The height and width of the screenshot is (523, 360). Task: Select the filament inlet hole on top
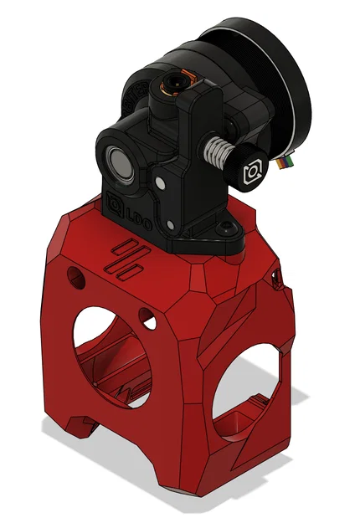[175, 83]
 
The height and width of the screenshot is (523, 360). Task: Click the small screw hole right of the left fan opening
[147, 316]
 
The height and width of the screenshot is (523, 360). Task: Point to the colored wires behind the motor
[289, 159]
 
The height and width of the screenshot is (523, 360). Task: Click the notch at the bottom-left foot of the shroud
[86, 428]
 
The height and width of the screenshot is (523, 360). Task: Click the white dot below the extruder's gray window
[155, 181]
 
